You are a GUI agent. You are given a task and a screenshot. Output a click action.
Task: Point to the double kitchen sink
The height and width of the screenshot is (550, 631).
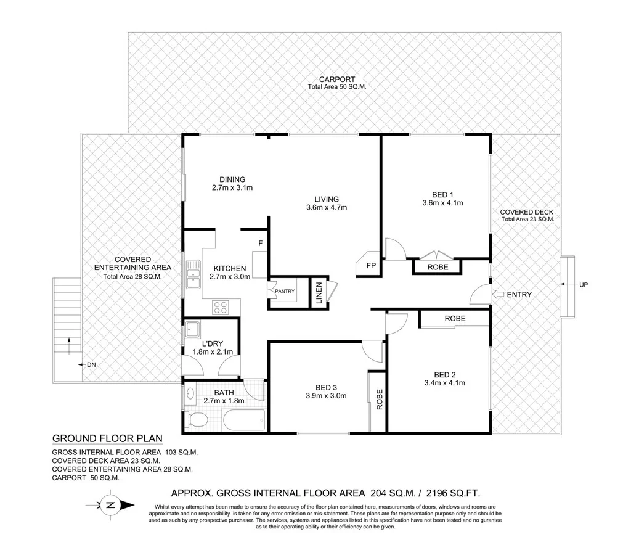[193, 275]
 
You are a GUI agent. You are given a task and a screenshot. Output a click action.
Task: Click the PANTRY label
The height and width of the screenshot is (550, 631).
[284, 291]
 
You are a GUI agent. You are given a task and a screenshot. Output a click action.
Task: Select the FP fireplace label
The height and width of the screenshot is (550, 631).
[371, 266]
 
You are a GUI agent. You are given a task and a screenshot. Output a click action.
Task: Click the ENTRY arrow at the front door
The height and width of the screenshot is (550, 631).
[498, 295]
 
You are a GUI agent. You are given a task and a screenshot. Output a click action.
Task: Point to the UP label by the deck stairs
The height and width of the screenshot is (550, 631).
[584, 284]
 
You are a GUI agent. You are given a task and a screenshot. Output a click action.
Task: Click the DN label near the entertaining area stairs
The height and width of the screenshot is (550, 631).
[91, 365]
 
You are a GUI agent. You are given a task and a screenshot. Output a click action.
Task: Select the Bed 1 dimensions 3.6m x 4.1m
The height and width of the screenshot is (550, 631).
[442, 202]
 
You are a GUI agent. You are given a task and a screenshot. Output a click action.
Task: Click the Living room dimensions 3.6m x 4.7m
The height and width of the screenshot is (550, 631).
[327, 208]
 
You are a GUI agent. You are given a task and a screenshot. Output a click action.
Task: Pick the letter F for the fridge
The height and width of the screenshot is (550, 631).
[261, 243]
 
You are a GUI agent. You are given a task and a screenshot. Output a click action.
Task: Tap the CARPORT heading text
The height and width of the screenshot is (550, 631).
[336, 80]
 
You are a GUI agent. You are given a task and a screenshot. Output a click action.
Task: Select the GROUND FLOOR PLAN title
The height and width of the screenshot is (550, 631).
[107, 439]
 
